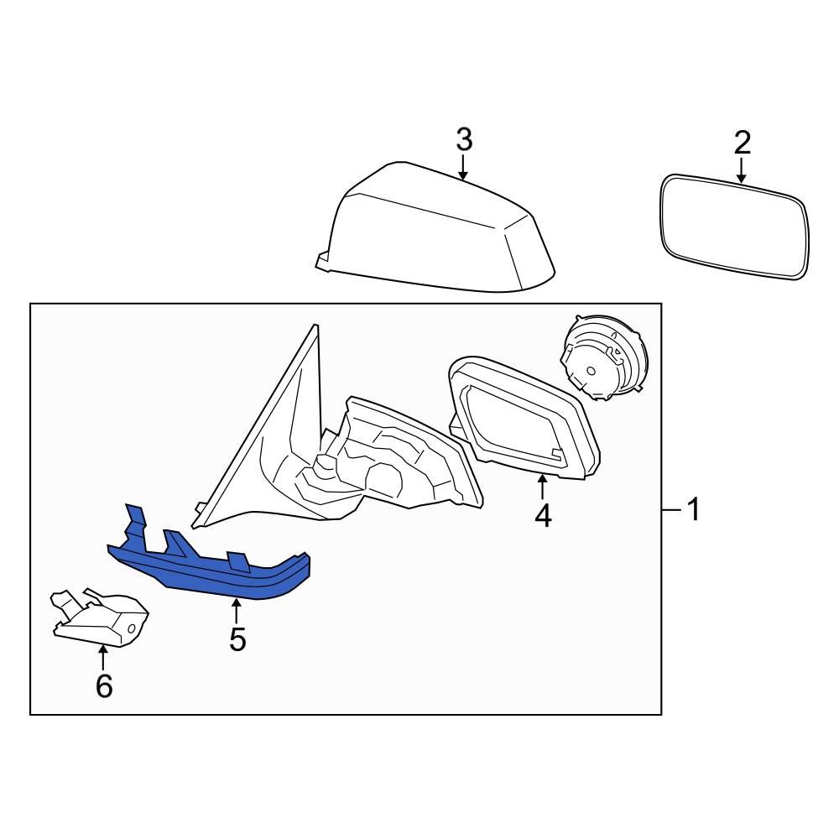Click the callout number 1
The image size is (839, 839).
coord(693,509)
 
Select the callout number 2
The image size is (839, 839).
coord(742,143)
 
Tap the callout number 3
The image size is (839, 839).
coord(464,139)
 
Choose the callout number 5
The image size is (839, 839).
coord(237,639)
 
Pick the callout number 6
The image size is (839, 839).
coord(103,686)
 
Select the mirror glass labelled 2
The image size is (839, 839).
coord(736,227)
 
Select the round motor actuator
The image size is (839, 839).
coord(602,357)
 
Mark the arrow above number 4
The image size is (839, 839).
coord(543,487)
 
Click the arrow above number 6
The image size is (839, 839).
coord(103,659)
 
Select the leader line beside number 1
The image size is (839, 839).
coord(671,509)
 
